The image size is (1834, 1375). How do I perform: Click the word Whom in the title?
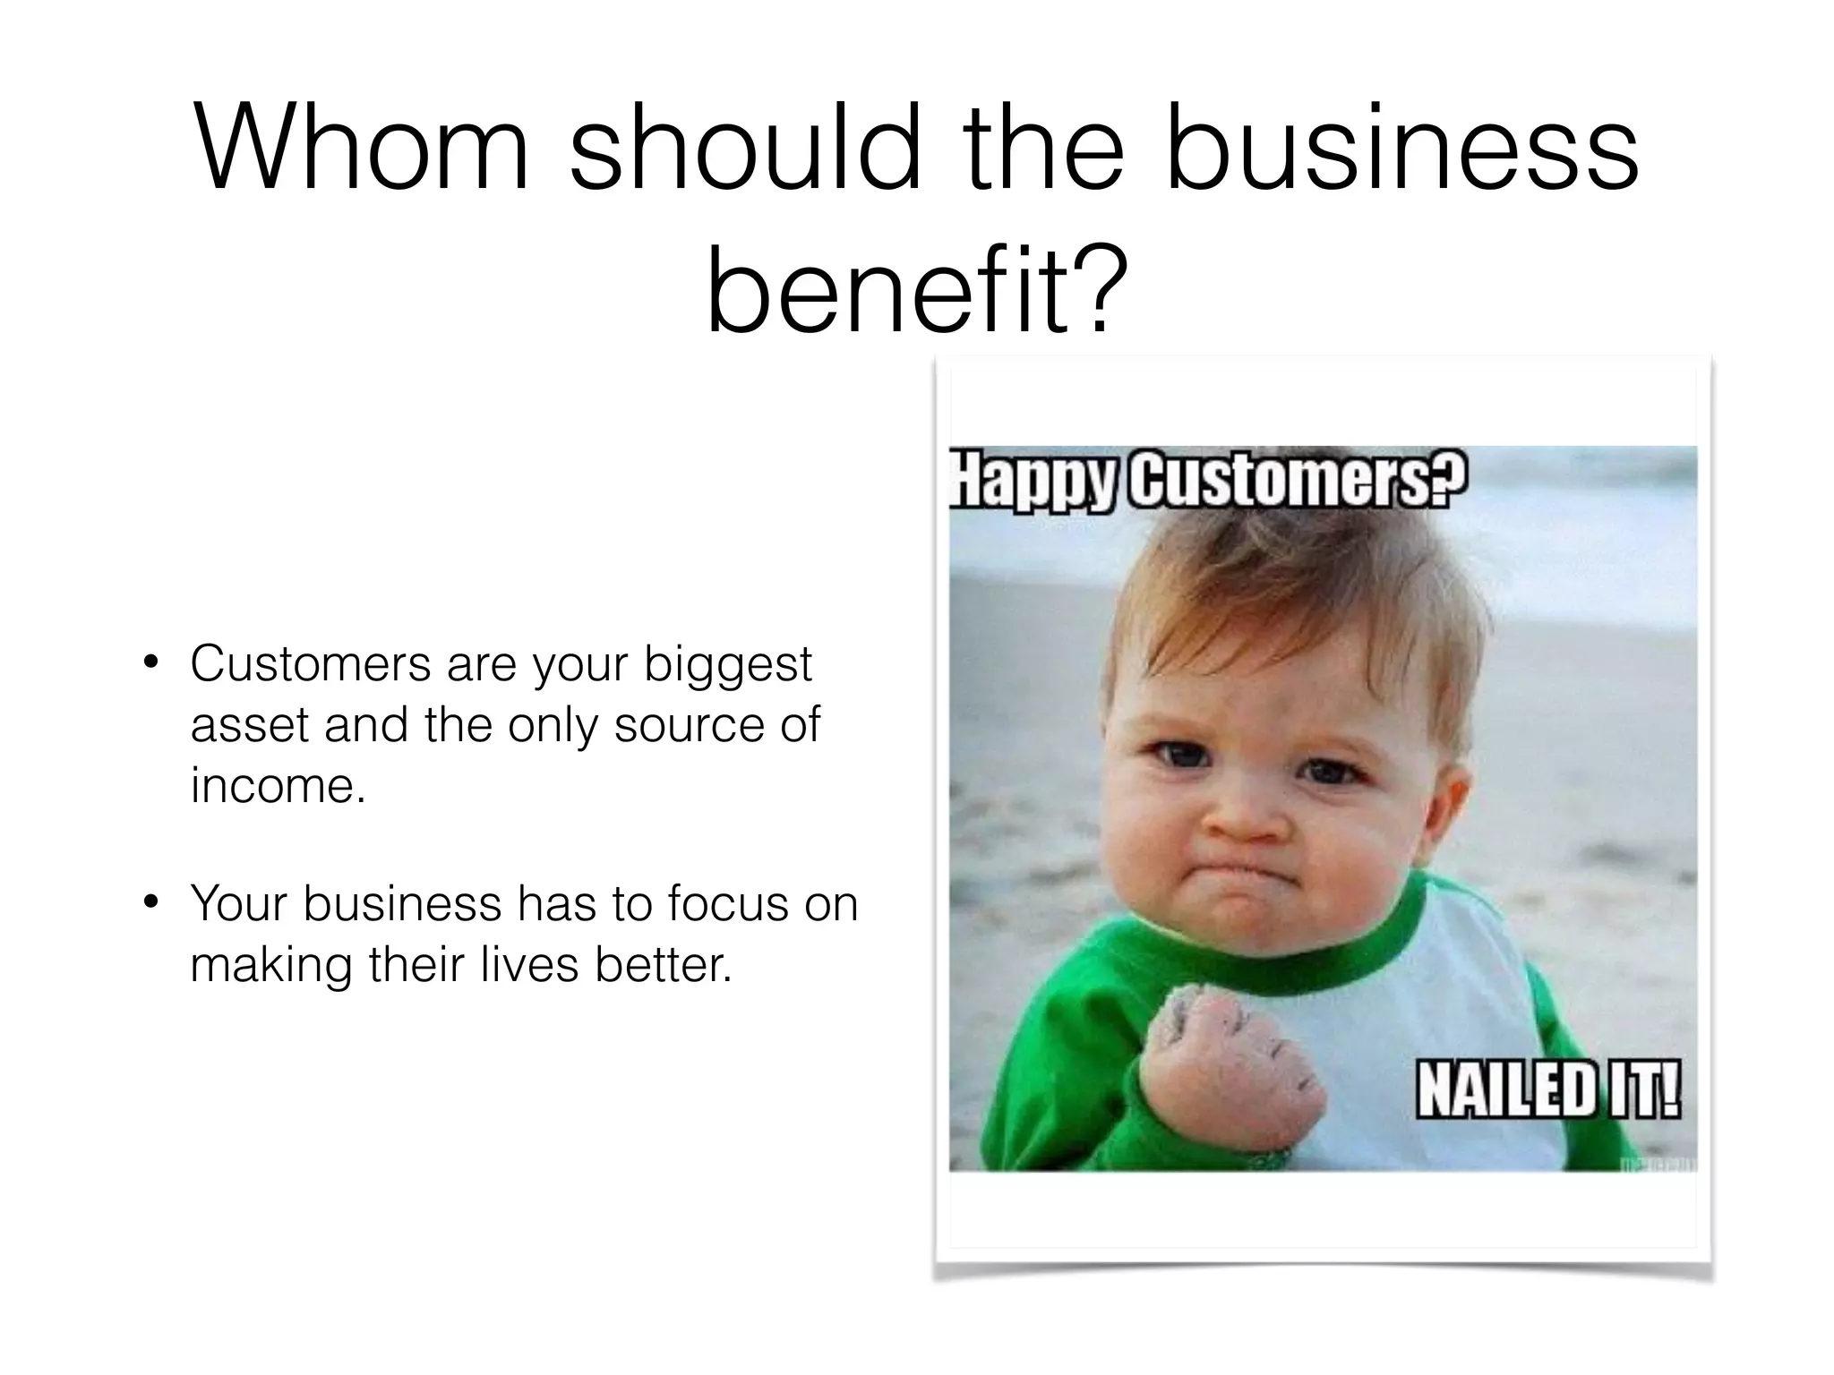click(x=363, y=148)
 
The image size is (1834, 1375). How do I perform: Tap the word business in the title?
click(x=1401, y=148)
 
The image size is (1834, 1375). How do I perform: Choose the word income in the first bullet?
click(x=274, y=785)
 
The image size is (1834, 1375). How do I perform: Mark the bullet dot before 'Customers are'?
click(x=150, y=664)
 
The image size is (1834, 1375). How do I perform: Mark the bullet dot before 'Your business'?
click(x=150, y=902)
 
